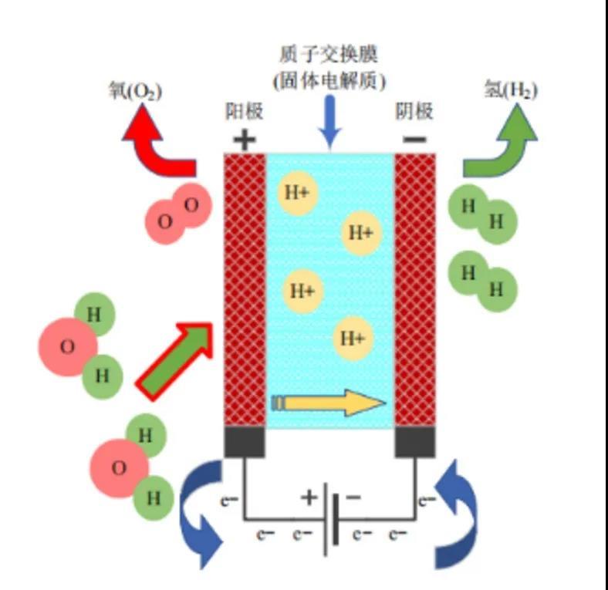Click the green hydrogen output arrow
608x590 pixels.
click(x=502, y=143)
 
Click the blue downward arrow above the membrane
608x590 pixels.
click(x=330, y=123)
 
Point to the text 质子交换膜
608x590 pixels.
click(x=329, y=56)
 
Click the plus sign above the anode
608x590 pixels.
click(x=244, y=140)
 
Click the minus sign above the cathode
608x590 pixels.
click(x=414, y=140)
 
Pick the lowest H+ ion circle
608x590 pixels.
click(x=353, y=338)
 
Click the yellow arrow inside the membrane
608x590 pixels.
click(x=328, y=403)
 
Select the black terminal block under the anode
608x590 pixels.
click(x=245, y=442)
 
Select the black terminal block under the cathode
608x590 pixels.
click(x=415, y=442)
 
